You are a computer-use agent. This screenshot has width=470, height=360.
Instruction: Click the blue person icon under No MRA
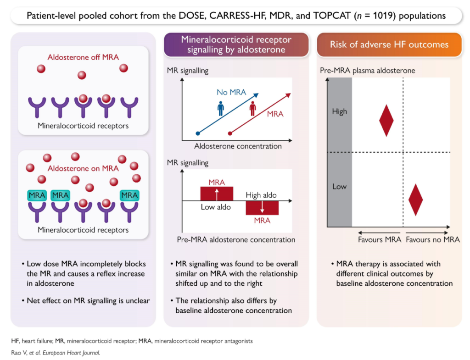(221, 108)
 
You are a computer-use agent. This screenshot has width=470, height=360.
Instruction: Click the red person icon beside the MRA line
(253, 108)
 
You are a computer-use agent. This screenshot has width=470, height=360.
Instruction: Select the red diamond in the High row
(386, 121)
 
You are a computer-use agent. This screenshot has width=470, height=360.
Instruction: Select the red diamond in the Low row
(415, 200)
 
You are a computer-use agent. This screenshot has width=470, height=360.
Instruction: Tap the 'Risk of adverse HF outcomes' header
(389, 44)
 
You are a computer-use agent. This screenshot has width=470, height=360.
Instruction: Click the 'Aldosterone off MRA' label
(83, 57)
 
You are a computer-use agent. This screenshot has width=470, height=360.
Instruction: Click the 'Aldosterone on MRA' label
(83, 168)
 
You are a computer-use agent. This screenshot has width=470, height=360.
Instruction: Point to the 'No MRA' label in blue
(231, 92)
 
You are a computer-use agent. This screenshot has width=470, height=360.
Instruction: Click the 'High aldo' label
(261, 195)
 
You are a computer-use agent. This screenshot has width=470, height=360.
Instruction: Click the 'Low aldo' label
(216, 207)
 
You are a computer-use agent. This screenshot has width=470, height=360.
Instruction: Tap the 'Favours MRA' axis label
(380, 239)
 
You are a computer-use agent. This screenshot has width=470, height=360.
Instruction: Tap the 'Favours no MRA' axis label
(432, 239)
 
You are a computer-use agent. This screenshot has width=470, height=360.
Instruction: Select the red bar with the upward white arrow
(217, 194)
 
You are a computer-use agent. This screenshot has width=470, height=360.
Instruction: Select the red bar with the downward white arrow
(262, 208)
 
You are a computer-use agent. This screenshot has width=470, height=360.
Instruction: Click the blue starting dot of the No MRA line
(197, 133)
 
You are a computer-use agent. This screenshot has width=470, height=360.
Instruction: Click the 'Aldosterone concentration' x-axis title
(238, 146)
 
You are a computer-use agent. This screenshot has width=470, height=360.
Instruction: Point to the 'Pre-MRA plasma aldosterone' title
(368, 71)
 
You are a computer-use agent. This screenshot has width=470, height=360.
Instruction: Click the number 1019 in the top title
(383, 16)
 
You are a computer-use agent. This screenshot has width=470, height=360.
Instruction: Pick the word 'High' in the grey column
(339, 112)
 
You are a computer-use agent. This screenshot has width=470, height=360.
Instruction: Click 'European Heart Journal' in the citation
(71, 353)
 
